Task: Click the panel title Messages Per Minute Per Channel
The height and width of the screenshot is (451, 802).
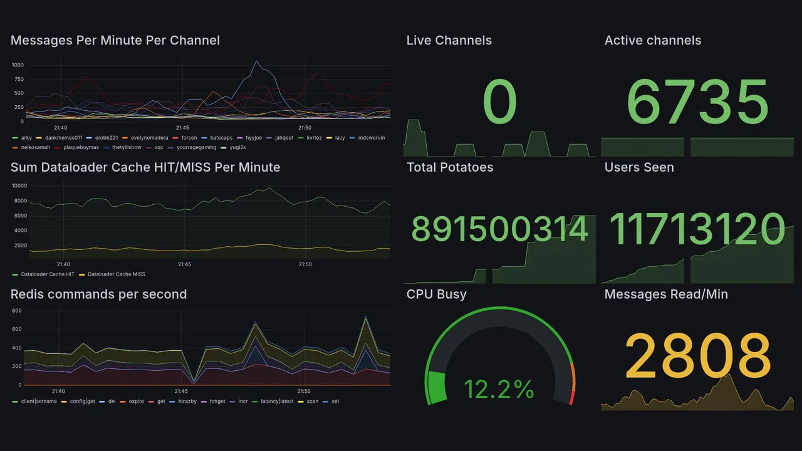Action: (115, 41)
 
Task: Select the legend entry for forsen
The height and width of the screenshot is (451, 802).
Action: (189, 137)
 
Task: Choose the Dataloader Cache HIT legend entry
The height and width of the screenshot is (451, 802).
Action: (47, 274)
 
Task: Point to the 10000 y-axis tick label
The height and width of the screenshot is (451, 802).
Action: (19, 186)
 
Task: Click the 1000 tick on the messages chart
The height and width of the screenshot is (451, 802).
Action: (18, 65)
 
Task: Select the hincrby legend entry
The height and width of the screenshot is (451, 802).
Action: (187, 401)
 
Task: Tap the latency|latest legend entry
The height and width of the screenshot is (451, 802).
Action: (276, 401)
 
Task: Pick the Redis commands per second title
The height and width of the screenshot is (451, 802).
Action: (99, 294)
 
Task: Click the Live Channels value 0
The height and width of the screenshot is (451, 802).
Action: (500, 102)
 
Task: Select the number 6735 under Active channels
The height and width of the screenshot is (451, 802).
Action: (697, 102)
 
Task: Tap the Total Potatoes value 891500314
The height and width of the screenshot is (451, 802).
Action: (499, 229)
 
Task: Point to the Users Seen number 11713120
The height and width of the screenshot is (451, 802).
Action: (697, 229)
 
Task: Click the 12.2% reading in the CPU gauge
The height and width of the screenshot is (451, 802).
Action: (499, 390)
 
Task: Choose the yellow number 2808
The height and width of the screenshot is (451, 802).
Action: (697, 355)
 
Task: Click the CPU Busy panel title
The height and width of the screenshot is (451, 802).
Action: (436, 294)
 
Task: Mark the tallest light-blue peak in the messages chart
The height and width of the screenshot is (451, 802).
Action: (256, 61)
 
